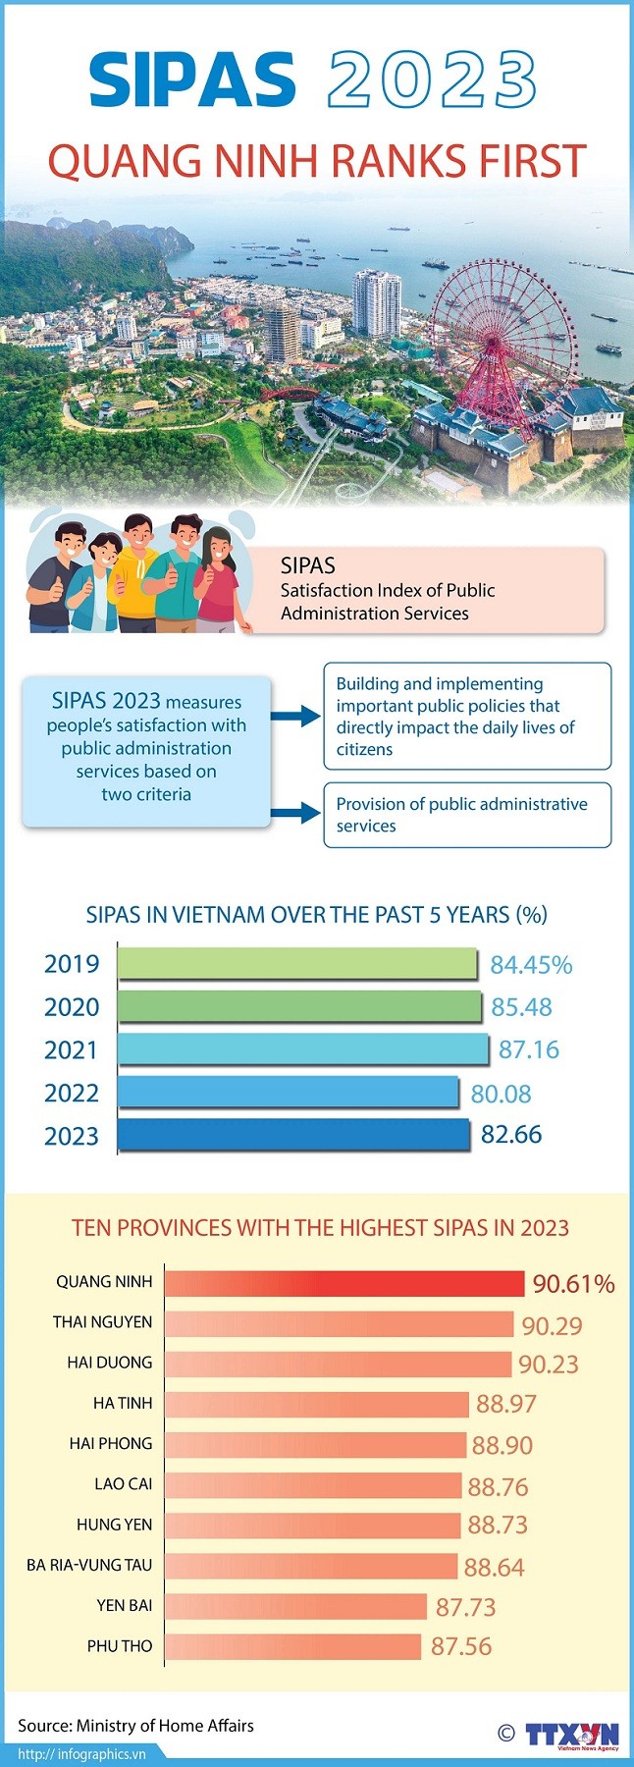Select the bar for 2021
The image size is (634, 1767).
[302, 1049]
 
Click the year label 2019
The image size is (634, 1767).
[72, 964]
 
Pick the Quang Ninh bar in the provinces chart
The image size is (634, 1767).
[343, 1283]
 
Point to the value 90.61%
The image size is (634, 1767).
[573, 1284]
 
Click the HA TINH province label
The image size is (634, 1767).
[123, 1404]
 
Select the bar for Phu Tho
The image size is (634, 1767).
[292, 1646]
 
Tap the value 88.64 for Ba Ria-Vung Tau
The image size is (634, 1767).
[494, 1568]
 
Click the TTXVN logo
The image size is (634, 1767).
[571, 1735]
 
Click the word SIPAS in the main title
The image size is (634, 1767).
[192, 80]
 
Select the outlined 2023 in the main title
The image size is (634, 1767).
[432, 80]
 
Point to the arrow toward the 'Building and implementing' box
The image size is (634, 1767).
[295, 717]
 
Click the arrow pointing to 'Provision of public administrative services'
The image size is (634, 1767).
[295, 813]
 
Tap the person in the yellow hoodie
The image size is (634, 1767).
[136, 574]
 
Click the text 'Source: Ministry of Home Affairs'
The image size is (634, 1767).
[135, 1726]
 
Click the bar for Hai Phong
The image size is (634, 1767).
[315, 1445]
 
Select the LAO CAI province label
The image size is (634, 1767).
[123, 1484]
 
